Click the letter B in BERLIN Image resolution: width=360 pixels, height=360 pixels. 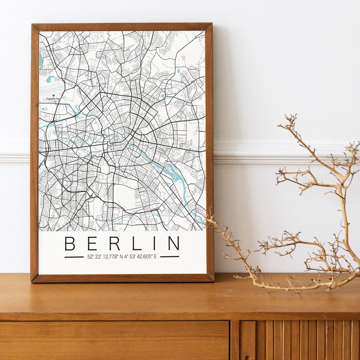point(70,243)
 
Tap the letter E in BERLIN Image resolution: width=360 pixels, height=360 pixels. point(92,243)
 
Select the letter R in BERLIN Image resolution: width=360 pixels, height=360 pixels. point(114,243)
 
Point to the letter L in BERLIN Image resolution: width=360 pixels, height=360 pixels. point(136,243)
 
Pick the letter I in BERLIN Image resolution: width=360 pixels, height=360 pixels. point(154,243)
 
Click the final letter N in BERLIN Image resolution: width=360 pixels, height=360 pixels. point(174,243)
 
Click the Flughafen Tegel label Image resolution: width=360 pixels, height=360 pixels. point(53,99)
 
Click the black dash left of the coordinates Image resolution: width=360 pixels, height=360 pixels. point(74,257)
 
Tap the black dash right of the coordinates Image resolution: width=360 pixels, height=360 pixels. point(169,257)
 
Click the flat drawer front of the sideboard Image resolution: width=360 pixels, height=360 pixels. point(113,340)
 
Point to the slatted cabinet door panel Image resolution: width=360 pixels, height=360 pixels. point(300,340)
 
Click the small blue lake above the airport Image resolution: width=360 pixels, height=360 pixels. point(50,79)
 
